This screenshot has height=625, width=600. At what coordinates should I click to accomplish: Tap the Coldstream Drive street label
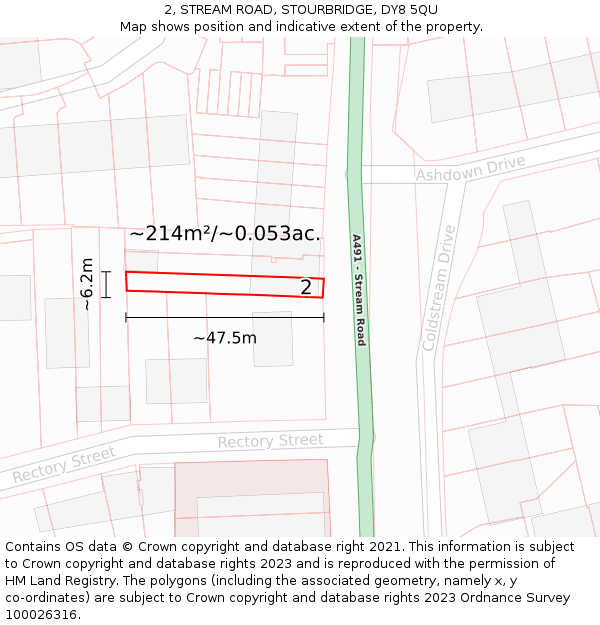438,288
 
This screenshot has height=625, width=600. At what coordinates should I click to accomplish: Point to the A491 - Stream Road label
357,290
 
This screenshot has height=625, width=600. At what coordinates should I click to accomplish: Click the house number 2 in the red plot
307,288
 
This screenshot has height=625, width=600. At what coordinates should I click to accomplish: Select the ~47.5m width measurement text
225,338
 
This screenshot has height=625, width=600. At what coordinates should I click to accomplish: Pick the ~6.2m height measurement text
87,284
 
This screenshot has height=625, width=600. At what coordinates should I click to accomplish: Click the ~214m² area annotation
174,234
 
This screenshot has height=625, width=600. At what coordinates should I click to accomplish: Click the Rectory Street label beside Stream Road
270,441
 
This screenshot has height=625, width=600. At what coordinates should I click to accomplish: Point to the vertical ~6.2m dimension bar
105,284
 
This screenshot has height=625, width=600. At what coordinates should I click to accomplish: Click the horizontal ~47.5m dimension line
225,318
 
